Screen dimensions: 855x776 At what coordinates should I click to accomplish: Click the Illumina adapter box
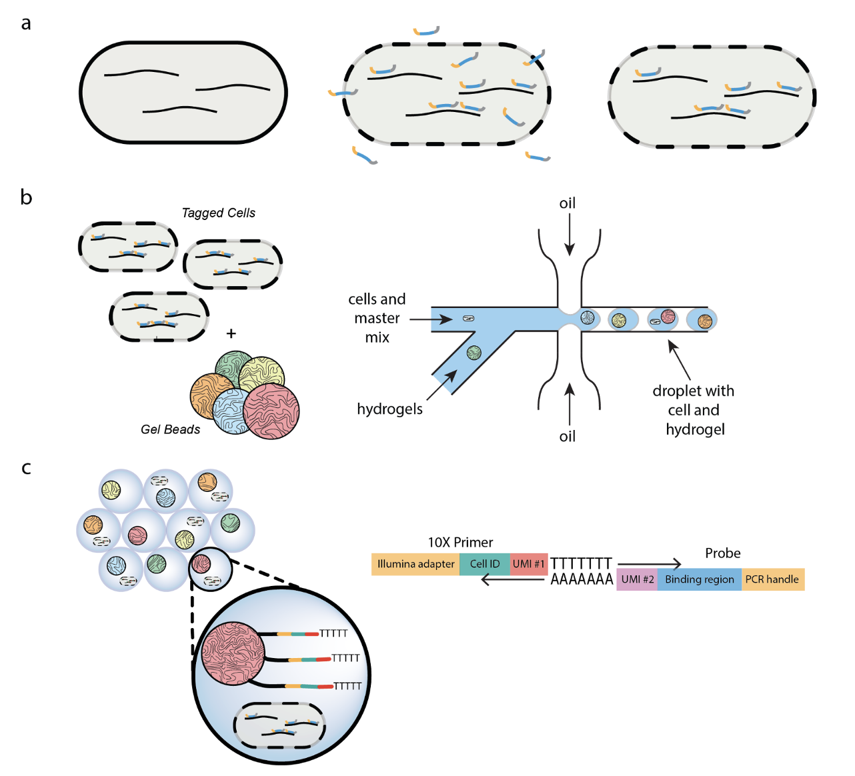pyautogui.click(x=415, y=564)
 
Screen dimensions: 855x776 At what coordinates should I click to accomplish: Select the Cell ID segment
pyautogui.click(x=485, y=564)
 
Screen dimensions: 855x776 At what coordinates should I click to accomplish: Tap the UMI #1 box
pyautogui.click(x=529, y=564)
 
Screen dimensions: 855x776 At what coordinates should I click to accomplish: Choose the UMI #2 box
pyautogui.click(x=637, y=579)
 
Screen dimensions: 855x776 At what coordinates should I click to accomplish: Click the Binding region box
pyautogui.click(x=700, y=579)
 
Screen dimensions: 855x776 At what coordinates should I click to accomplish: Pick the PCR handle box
pyautogui.click(x=773, y=579)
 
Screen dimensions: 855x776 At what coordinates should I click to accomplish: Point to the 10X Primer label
pyautogui.click(x=460, y=543)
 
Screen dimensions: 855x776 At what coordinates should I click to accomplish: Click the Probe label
pyautogui.click(x=723, y=553)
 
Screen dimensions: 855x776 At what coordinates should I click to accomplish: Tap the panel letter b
pyautogui.click(x=26, y=197)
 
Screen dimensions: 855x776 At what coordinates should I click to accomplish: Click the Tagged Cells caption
pyautogui.click(x=218, y=213)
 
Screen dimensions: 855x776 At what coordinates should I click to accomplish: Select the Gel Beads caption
pyautogui.click(x=170, y=429)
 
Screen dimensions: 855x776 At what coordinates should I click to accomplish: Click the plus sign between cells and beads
pyautogui.click(x=231, y=333)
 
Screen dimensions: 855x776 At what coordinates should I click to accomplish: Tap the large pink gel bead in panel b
pyautogui.click(x=271, y=411)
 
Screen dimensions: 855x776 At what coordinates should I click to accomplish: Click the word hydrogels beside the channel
pyautogui.click(x=389, y=409)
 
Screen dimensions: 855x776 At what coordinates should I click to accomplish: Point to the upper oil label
pyautogui.click(x=568, y=203)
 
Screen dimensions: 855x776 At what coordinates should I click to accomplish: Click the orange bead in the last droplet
pyautogui.click(x=705, y=321)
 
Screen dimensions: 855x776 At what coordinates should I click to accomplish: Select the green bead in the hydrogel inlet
pyautogui.click(x=474, y=353)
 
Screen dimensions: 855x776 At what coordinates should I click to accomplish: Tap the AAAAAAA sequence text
pyautogui.click(x=582, y=579)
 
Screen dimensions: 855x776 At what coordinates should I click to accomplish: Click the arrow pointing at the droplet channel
pyautogui.click(x=679, y=360)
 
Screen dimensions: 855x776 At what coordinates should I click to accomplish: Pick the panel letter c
pyautogui.click(x=26, y=468)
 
